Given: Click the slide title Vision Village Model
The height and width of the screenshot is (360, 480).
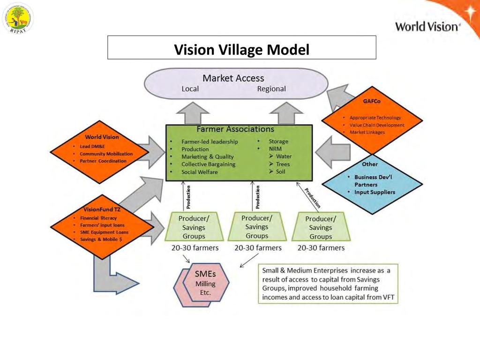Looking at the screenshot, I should pos(241,49).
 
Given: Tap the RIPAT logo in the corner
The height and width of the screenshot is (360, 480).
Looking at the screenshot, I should pos(18,18).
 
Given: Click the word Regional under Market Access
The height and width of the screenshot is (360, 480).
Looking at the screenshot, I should pos(271,89).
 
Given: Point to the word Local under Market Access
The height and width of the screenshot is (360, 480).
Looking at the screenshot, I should pos(190,89).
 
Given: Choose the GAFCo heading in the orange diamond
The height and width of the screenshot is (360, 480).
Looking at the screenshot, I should pos(371,101).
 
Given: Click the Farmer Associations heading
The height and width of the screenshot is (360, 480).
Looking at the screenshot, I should pos(235,129).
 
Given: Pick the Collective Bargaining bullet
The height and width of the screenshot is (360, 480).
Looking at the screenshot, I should pos(208,165).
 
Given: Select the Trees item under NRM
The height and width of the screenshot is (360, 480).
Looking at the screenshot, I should pos(283,165).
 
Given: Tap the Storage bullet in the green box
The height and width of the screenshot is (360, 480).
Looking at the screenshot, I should pos(278,142).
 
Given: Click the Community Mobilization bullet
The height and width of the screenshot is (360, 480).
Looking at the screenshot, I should pos(106,154).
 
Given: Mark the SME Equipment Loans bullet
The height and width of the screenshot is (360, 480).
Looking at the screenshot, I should pos(104,232).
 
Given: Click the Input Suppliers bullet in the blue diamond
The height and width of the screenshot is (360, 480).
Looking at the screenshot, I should pos(374,192).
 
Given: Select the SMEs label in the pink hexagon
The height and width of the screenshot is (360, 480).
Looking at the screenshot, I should pos(205,274).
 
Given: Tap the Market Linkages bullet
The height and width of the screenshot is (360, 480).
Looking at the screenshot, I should pos(367,133).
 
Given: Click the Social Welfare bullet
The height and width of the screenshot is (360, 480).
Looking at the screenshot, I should pos(200,172).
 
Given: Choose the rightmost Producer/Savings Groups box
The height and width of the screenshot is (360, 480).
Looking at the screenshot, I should pos(320,227).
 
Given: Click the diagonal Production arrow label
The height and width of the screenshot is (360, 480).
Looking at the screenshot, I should pos(313,198).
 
